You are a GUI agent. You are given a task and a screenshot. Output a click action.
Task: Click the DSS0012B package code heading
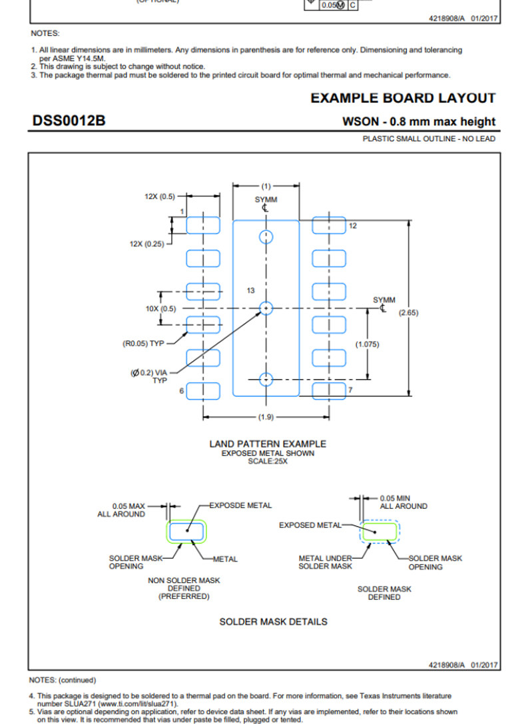(69, 121)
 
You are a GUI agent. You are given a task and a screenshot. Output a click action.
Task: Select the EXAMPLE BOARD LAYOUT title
(403, 98)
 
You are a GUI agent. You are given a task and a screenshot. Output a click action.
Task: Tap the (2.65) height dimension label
(407, 312)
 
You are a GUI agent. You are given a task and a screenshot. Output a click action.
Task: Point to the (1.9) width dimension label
(266, 417)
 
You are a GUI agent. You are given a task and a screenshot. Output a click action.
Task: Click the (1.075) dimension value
(368, 344)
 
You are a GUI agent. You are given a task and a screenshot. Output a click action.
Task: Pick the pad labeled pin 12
(329, 225)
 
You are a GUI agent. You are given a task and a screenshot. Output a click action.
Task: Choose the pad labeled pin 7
(329, 390)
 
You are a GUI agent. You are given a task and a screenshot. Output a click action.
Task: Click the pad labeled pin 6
(203, 390)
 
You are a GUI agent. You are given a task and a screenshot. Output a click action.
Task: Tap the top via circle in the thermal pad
(266, 236)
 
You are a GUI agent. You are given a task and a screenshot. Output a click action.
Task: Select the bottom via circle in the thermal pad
(266, 380)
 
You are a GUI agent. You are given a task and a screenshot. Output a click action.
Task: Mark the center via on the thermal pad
(266, 308)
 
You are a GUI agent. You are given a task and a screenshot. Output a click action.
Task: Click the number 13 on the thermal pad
(250, 290)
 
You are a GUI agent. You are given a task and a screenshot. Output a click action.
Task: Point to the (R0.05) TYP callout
(142, 344)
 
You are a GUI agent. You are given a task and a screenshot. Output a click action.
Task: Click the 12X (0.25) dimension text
(146, 244)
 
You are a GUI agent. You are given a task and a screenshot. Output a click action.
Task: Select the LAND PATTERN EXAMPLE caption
(268, 444)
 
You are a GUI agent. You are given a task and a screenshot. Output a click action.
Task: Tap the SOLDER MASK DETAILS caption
(273, 621)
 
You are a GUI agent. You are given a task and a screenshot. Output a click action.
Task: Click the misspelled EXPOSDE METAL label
(240, 506)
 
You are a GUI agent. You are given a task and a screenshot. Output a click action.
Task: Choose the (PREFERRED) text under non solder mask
(184, 597)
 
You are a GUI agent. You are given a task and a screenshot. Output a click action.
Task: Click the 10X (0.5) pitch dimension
(160, 308)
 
